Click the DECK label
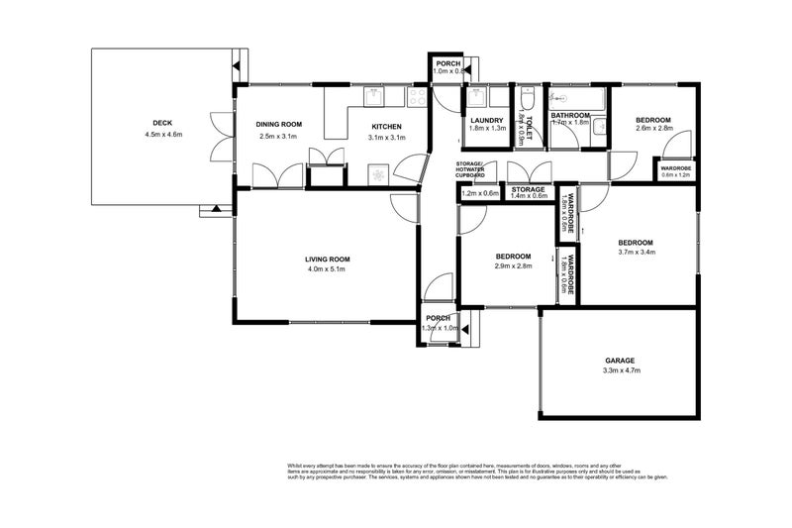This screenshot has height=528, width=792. coord(162,124)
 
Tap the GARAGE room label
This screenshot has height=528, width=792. coord(620,360)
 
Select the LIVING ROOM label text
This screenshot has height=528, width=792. coord(327,260)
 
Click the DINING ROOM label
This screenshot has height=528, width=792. coord(278,124)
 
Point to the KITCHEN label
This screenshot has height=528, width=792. coord(385,127)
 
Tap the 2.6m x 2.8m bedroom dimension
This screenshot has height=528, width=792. coord(653,128)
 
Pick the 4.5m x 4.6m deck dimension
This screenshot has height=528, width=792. coord(162,134)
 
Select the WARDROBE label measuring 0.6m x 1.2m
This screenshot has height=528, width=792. coord(676,171)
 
